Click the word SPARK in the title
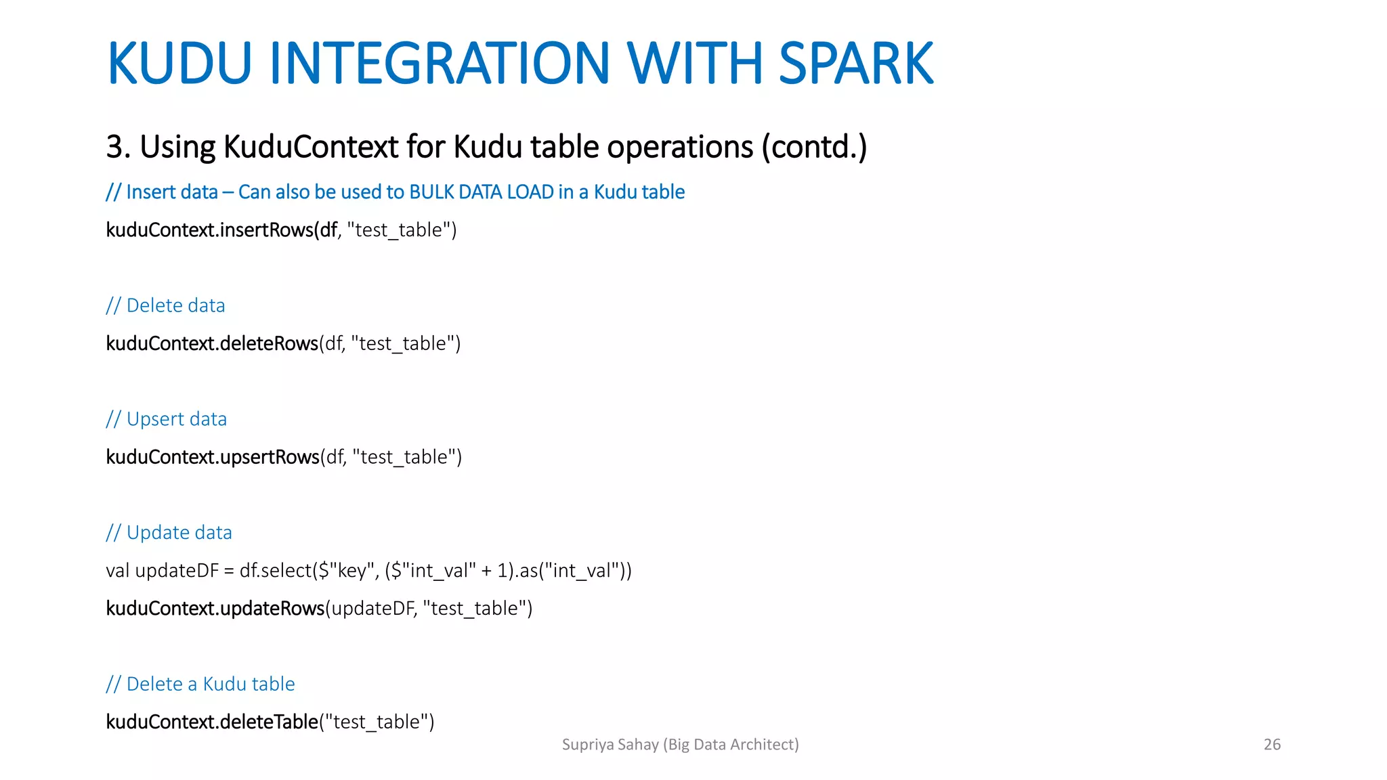click(x=856, y=64)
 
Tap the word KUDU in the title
click(x=179, y=64)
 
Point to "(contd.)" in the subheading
click(x=814, y=147)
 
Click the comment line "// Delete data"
click(x=165, y=305)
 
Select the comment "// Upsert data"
click(x=166, y=419)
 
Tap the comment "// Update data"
click(x=169, y=533)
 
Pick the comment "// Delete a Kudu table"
click(x=200, y=684)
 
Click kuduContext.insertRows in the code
click(x=210, y=230)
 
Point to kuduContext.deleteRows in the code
click(x=212, y=343)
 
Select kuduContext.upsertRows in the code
click(x=213, y=457)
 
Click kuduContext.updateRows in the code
click(x=215, y=608)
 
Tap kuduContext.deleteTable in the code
click(x=212, y=722)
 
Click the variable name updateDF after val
click(x=177, y=571)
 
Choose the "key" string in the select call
click(x=350, y=571)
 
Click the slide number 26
click(x=1272, y=745)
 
